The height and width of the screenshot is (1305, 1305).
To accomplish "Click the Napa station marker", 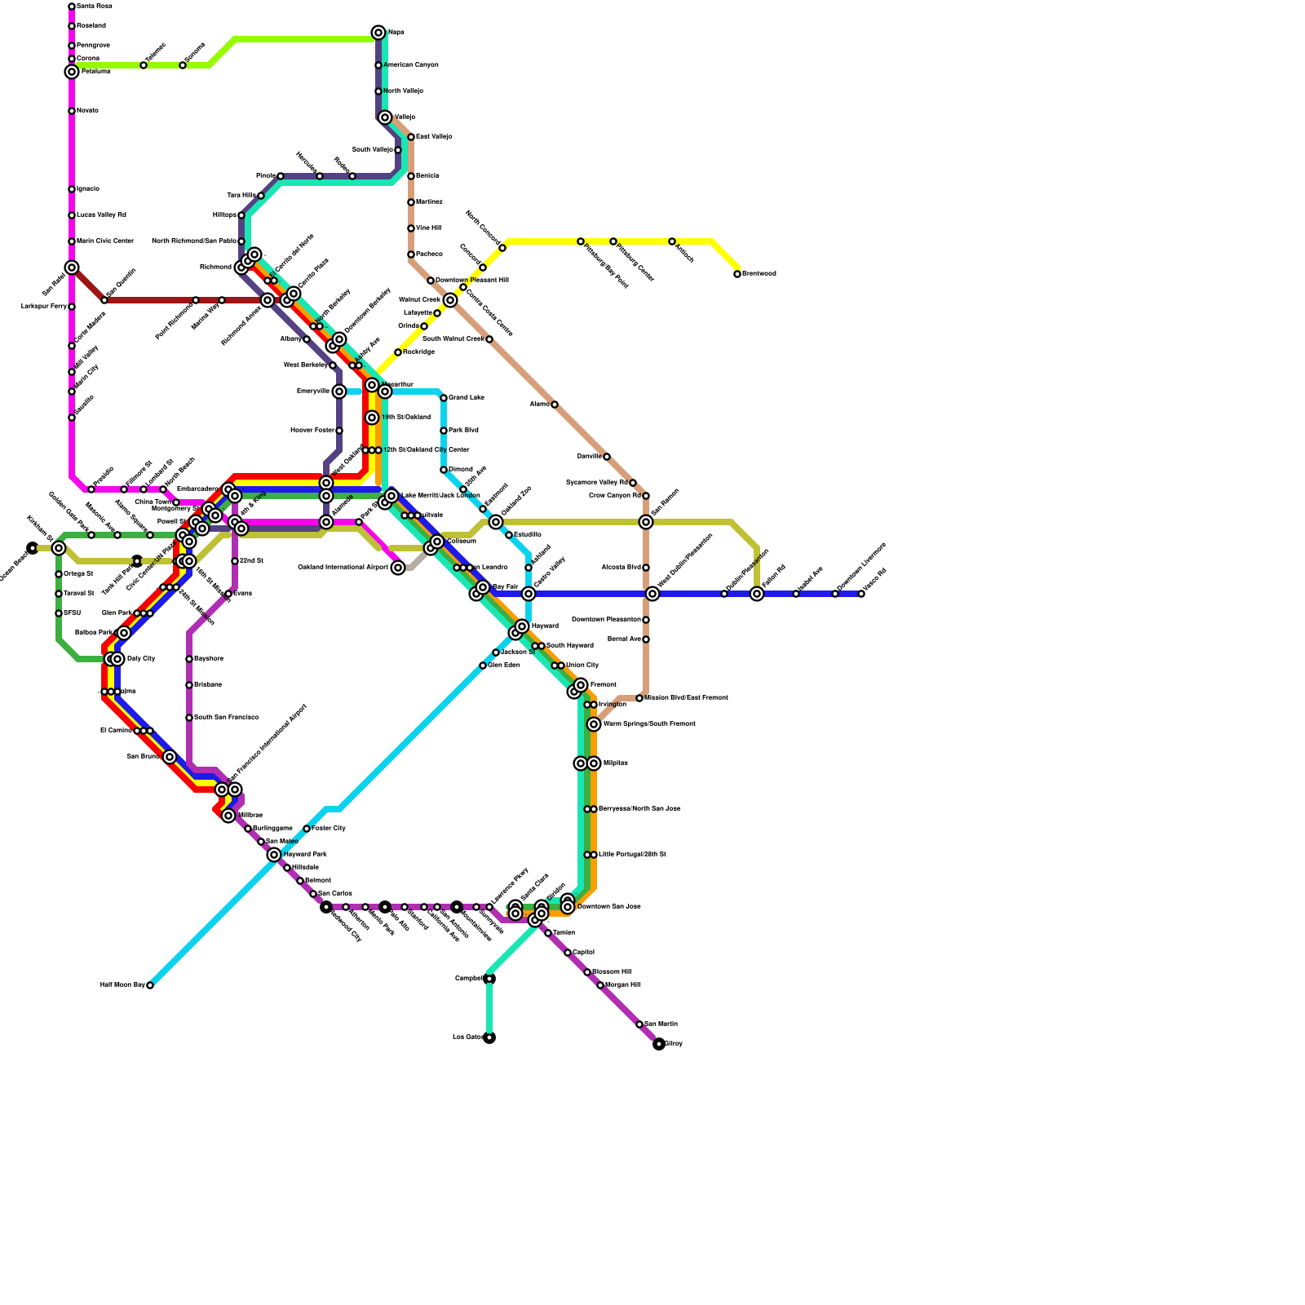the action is (378, 33).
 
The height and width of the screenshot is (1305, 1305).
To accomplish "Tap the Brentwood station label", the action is (759, 274).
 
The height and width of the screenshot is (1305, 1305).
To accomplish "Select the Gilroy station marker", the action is (659, 1044).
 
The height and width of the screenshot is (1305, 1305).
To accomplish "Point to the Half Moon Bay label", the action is (122, 985).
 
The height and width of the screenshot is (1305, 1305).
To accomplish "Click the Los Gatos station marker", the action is (489, 1037).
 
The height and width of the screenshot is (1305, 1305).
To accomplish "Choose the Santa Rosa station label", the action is (94, 7).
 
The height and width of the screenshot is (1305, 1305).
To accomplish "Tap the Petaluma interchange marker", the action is (72, 72).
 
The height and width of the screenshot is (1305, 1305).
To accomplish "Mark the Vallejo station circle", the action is (385, 117).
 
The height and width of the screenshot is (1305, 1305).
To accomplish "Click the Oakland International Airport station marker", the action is (398, 568).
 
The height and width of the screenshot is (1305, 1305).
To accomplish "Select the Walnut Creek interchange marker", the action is (450, 300).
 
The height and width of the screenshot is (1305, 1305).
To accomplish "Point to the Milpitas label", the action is (616, 763).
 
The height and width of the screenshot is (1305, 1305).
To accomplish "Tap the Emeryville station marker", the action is (339, 391).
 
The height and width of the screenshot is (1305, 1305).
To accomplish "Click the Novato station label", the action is (87, 111).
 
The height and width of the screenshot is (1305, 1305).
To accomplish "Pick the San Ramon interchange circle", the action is (646, 522).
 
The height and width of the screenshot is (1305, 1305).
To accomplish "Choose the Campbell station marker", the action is (489, 979).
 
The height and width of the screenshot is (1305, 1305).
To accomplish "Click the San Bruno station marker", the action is (170, 757).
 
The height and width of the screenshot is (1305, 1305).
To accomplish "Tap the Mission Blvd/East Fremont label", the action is (686, 698).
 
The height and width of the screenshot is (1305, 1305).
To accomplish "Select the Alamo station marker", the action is (555, 405).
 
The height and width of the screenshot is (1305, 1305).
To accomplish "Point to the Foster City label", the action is (329, 829).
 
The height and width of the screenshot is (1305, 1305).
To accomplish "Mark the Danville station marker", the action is (607, 457).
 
